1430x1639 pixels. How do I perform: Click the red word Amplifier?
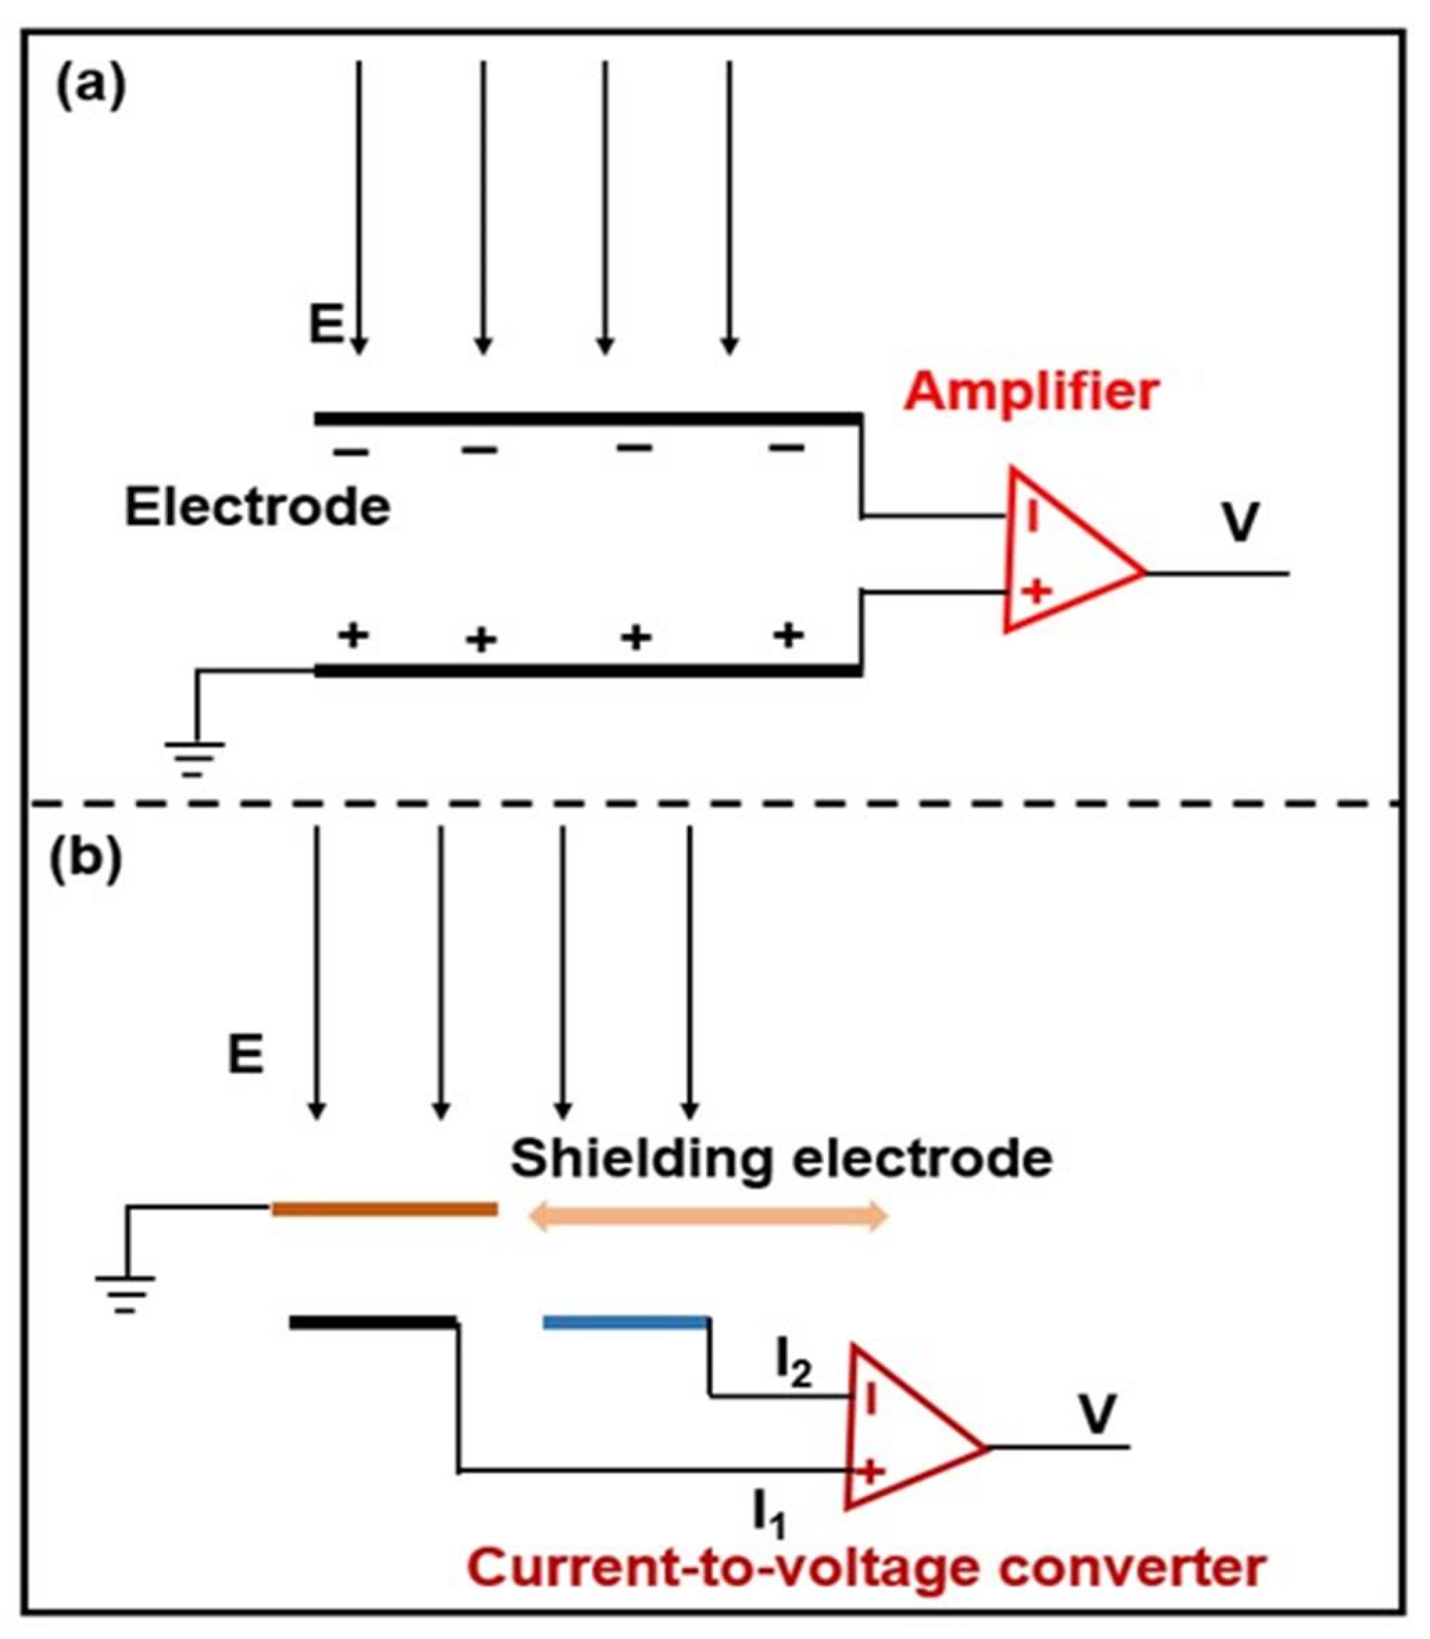click(x=1030, y=393)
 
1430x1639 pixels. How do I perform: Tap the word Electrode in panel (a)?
click(x=257, y=507)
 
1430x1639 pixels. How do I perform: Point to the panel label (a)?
click(x=90, y=87)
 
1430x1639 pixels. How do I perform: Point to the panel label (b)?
click(x=86, y=861)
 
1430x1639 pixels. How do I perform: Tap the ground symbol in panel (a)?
click(x=194, y=758)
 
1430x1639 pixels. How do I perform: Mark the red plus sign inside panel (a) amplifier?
click(x=1036, y=592)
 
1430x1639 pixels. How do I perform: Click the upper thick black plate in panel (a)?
click(x=587, y=418)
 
